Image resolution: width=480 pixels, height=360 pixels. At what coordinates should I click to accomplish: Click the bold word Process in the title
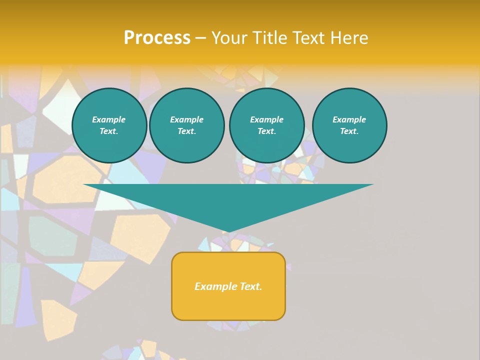click(x=157, y=38)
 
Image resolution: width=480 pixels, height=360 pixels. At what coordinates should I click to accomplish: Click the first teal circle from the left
click(x=109, y=125)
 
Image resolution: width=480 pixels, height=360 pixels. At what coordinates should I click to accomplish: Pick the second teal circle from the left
click(x=186, y=125)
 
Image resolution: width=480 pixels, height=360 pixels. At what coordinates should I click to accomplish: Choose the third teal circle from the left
click(x=266, y=125)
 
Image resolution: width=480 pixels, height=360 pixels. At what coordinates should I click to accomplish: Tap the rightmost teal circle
click(x=349, y=125)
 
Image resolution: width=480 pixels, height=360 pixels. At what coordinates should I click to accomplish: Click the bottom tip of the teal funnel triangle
click(x=228, y=231)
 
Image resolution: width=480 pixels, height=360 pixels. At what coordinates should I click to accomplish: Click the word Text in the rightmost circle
click(x=348, y=131)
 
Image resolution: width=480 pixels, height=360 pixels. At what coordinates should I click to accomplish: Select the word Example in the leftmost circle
click(x=109, y=119)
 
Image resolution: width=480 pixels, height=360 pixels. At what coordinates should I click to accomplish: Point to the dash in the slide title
click(x=201, y=38)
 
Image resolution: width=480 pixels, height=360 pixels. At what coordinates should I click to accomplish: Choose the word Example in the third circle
click(x=266, y=119)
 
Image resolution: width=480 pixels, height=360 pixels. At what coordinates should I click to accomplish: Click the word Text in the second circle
click(x=186, y=131)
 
